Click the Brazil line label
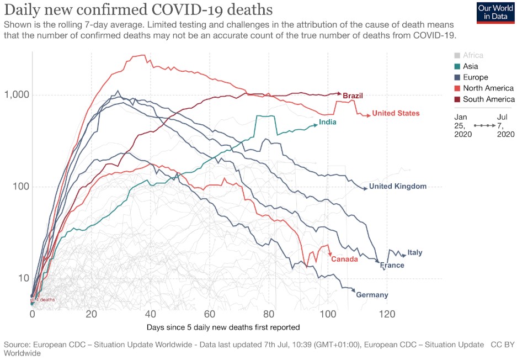pos(353,96)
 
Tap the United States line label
pos(396,113)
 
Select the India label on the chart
pos(328,122)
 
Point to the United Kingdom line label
pos(398,186)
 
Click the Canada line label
pos(344,258)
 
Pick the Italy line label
pos(415,252)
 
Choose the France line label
pos(392,265)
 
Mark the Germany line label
pos(372,295)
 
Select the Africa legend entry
pos(473,55)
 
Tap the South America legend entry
pos(488,99)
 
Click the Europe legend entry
pos(475,77)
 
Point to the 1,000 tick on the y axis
pos(17,95)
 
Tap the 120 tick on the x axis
pos(387,314)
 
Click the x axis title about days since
pos(223,327)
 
